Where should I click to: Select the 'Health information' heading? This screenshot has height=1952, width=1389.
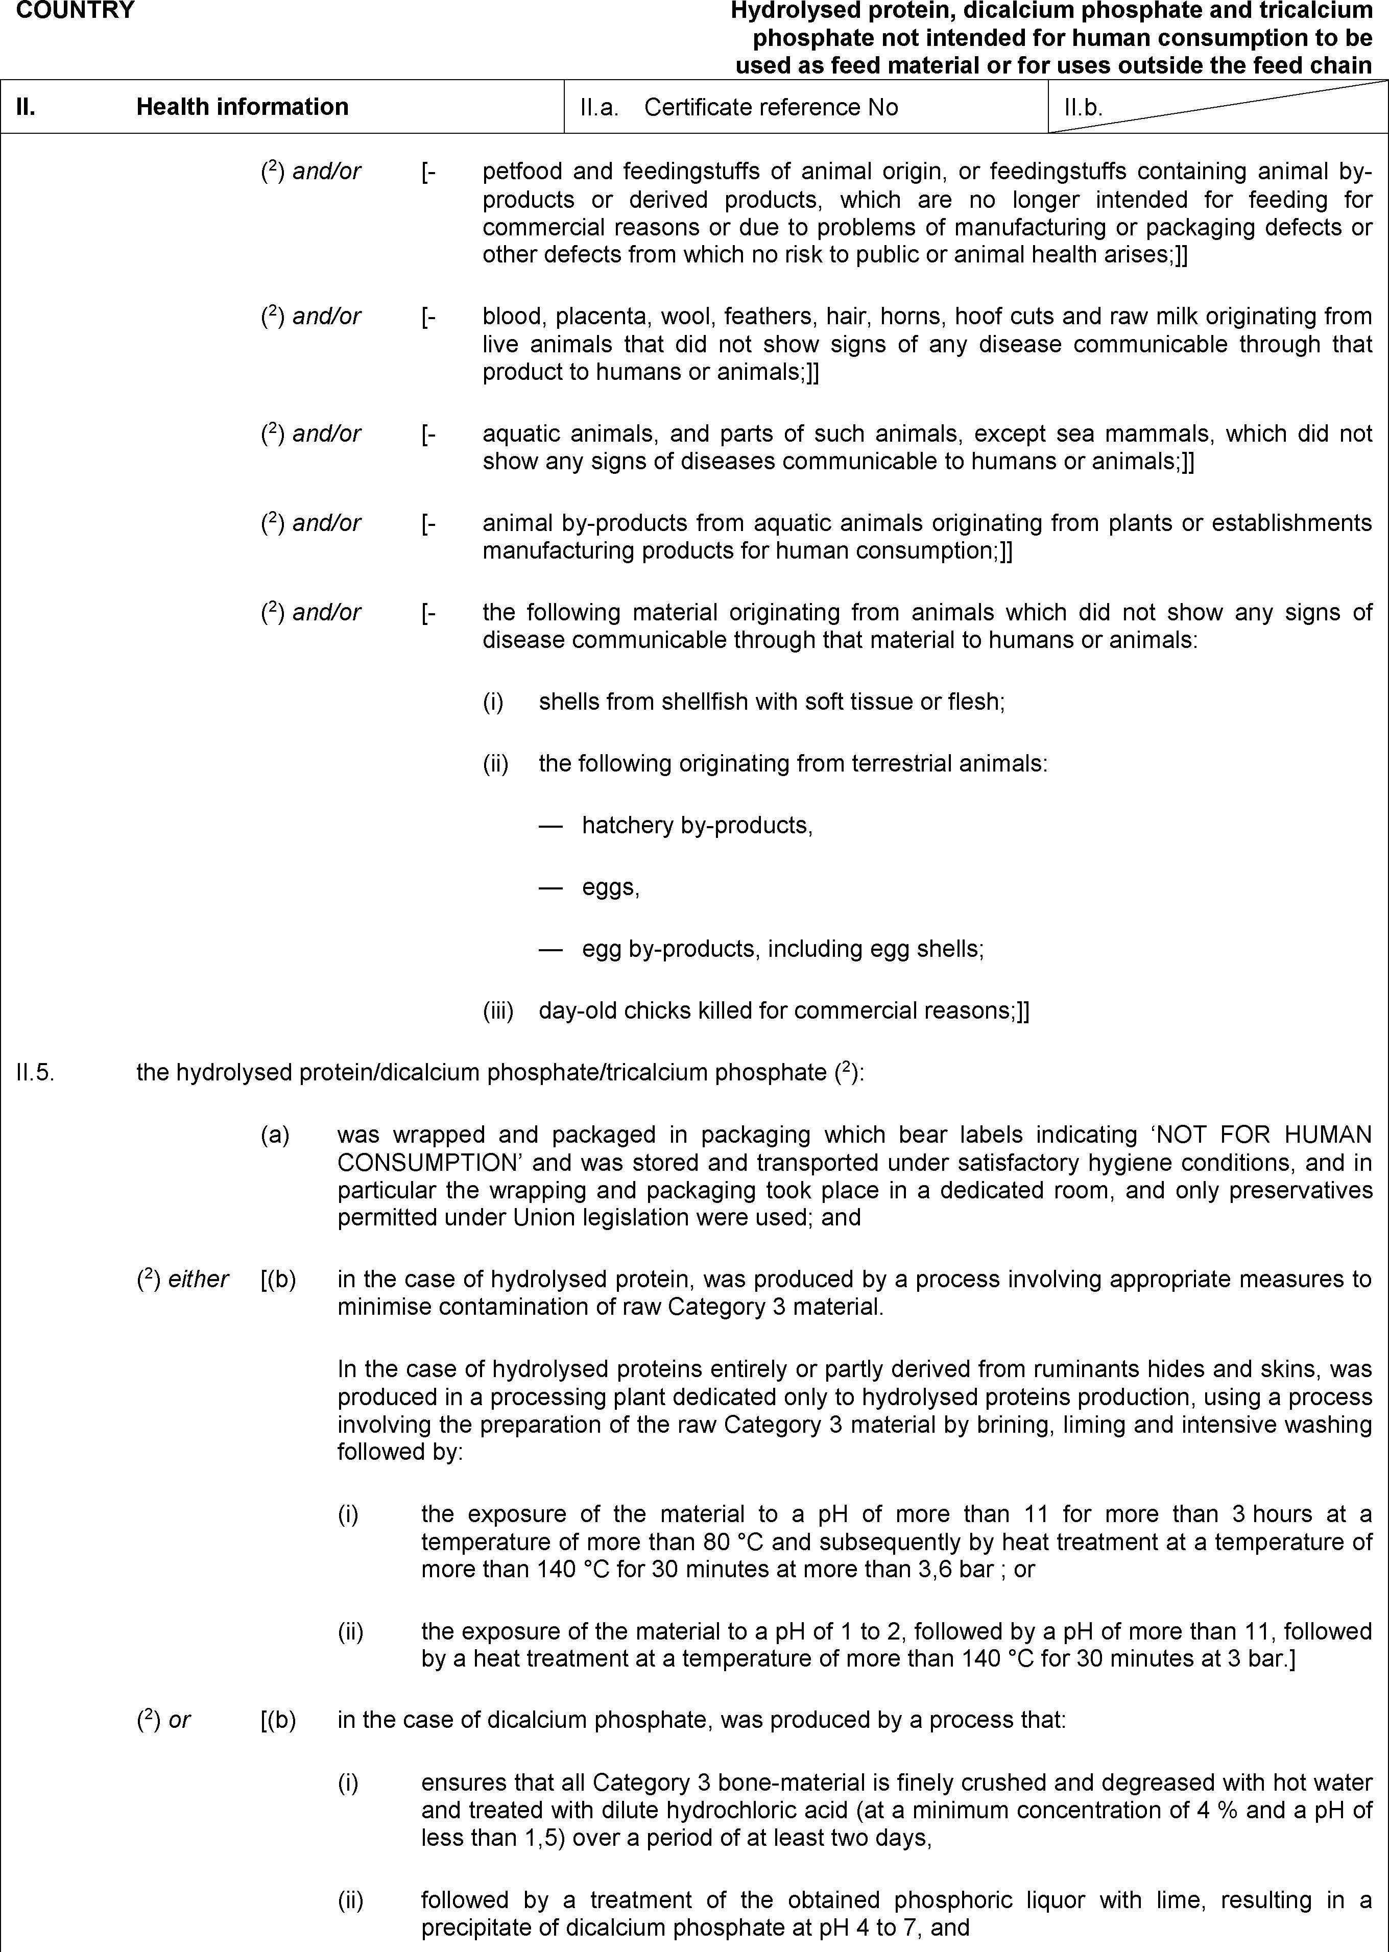[242, 107]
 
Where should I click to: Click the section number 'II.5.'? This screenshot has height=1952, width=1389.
[35, 1072]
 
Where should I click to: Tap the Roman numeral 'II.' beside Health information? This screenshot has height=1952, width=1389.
[26, 107]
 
